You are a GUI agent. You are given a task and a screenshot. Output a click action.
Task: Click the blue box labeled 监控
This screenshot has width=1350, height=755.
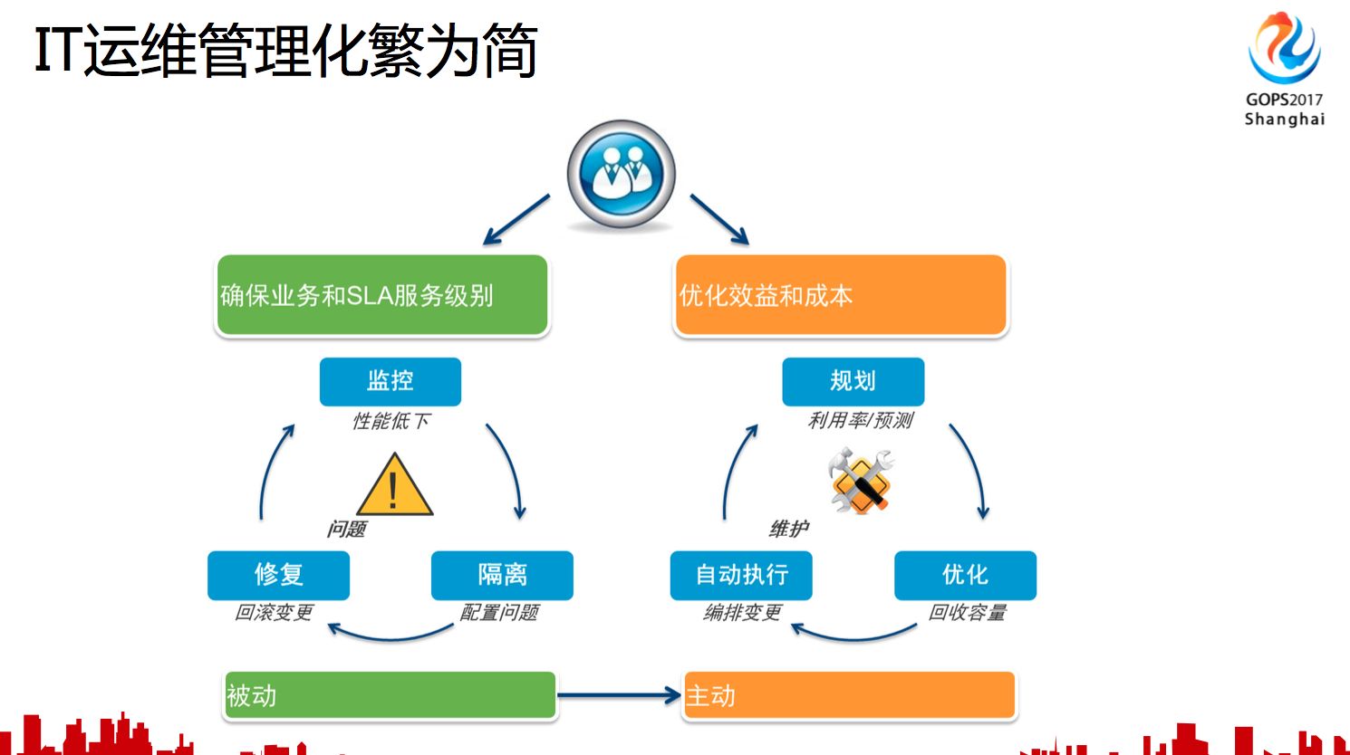(390, 381)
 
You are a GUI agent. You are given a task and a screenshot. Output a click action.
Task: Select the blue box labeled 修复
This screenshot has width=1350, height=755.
(278, 575)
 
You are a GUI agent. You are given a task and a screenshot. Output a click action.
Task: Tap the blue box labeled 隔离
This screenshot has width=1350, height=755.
(502, 575)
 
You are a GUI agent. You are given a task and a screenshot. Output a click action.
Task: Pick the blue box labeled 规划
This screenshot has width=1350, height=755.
(853, 381)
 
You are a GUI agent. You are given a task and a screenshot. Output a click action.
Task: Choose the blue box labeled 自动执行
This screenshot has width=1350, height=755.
(740, 575)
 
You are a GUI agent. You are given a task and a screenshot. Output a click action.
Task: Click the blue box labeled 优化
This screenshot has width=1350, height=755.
(964, 575)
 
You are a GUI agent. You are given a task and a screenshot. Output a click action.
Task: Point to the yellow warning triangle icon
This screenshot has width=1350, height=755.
(394, 486)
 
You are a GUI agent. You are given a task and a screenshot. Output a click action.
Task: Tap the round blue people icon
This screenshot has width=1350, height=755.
(621, 174)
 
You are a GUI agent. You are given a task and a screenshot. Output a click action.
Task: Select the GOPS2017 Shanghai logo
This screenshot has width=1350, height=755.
(1284, 68)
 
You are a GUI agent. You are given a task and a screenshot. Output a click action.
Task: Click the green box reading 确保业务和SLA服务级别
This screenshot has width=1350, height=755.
(382, 296)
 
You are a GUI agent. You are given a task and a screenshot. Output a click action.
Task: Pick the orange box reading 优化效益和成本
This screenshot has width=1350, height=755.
(841, 296)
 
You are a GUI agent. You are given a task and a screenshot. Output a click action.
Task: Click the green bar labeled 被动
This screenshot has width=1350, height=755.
(390, 695)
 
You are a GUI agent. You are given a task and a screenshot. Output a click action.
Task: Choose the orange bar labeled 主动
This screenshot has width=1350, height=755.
(849, 695)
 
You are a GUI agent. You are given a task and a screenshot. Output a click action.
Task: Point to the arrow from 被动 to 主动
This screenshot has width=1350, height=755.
(619, 695)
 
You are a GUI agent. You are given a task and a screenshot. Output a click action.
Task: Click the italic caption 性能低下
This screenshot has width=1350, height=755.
(391, 421)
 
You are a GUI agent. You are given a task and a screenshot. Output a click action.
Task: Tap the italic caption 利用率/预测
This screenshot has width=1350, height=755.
(861, 420)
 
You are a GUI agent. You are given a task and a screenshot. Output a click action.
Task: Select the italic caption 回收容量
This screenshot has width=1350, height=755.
(968, 613)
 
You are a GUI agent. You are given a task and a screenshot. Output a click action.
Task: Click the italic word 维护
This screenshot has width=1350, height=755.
(789, 529)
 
